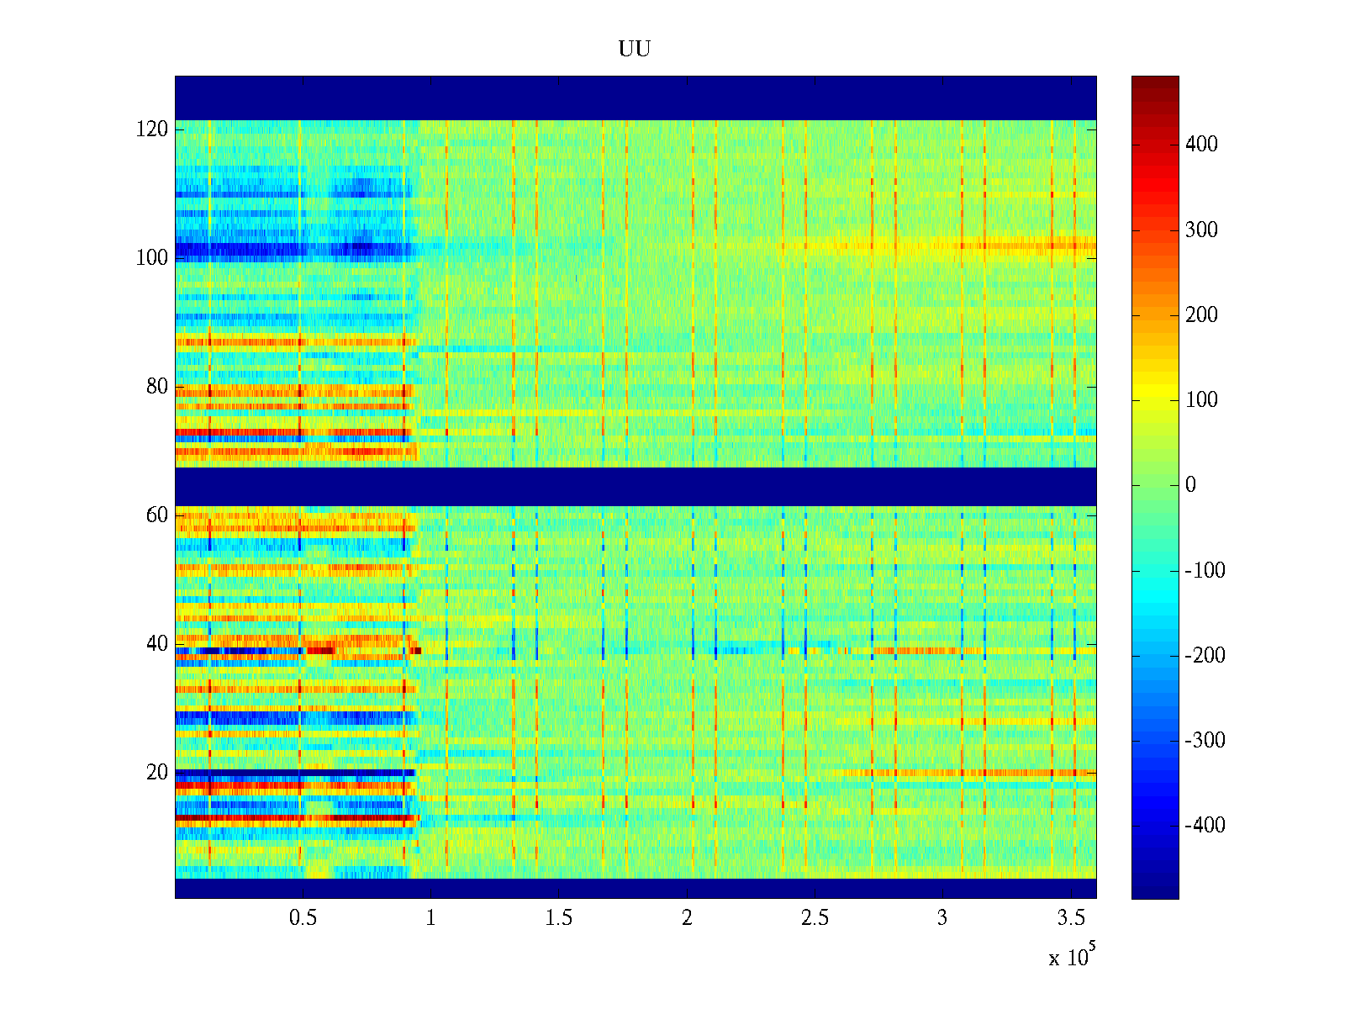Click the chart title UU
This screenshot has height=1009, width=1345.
pos(635,50)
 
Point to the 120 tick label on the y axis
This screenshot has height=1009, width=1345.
pos(152,129)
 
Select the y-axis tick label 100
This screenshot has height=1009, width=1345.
pos(152,258)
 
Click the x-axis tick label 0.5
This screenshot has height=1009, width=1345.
pos(303,918)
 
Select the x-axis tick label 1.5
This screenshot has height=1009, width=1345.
pos(559,918)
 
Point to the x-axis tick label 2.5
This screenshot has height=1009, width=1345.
pos(815,918)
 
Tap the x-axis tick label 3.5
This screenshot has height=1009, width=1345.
pos(1071,918)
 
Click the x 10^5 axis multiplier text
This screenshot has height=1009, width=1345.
pos(1071,957)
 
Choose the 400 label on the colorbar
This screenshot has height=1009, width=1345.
pos(1201,145)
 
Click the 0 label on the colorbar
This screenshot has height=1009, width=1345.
pos(1190,485)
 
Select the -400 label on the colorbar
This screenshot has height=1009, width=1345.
pos(1205,826)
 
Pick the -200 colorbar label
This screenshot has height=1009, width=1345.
pos(1205,656)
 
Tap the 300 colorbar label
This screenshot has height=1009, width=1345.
pos(1201,230)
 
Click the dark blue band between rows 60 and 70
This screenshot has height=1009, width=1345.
pos(636,487)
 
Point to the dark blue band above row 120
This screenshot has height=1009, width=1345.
pos(636,98)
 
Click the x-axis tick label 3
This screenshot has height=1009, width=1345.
pos(942,918)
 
